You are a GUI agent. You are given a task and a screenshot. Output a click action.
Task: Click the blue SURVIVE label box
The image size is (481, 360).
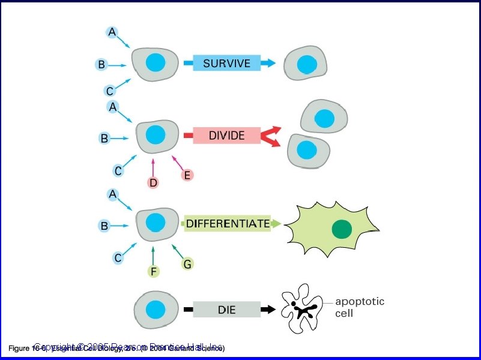click(226, 63)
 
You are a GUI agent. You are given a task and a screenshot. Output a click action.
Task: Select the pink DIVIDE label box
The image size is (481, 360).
click(226, 136)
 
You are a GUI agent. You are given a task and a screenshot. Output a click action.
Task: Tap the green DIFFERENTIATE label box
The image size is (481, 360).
click(227, 224)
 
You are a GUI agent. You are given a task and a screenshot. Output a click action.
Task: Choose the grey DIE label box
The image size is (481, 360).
click(226, 310)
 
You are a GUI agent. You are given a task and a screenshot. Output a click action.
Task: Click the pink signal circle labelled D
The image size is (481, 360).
click(153, 182)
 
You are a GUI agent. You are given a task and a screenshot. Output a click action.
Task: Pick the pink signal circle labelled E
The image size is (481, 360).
click(187, 175)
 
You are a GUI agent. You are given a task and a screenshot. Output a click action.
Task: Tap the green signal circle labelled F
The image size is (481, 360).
click(154, 272)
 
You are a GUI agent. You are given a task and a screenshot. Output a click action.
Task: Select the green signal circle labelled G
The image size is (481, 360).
click(187, 263)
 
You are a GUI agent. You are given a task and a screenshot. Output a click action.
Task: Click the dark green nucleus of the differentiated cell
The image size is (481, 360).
click(342, 229)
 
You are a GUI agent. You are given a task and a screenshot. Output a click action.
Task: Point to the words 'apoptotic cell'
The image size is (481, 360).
click(359, 307)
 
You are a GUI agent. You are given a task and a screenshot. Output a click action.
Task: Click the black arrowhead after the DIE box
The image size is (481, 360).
click(270, 310)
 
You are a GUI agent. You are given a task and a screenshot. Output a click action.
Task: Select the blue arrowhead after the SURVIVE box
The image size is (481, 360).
click(270, 62)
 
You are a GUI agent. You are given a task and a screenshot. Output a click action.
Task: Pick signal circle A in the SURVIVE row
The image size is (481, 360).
click(112, 32)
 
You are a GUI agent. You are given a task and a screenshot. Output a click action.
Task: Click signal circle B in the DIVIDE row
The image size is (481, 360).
click(104, 138)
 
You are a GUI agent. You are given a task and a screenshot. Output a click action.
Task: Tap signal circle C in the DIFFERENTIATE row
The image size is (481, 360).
click(118, 258)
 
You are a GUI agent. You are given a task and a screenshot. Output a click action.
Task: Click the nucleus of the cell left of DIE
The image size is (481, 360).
click(156, 310)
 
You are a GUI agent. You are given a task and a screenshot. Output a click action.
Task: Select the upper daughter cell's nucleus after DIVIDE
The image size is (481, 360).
click(324, 118)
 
